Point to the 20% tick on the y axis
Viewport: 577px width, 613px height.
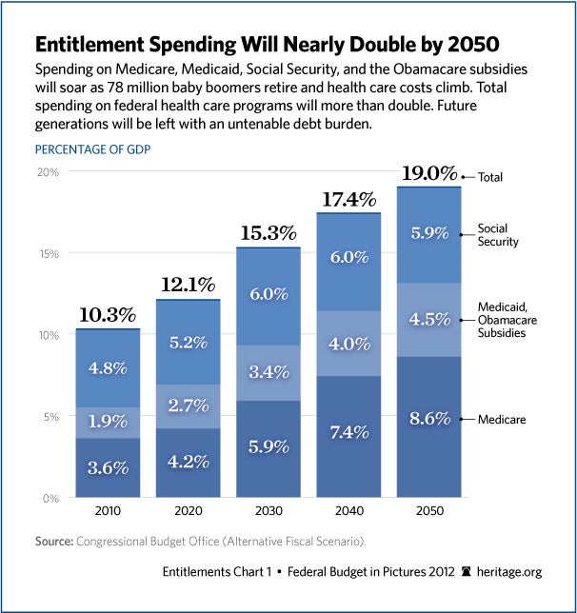(x=48, y=172)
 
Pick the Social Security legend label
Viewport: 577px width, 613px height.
(x=499, y=235)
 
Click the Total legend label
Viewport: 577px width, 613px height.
(x=491, y=177)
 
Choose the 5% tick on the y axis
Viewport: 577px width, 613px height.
(x=50, y=416)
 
